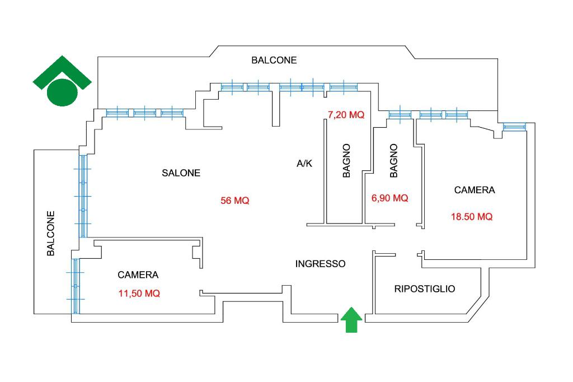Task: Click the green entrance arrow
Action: pyautogui.click(x=351, y=319)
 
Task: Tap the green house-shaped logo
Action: pyautogui.click(x=62, y=81)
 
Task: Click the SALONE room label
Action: pyautogui.click(x=181, y=173)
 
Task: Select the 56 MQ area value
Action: pyautogui.click(x=235, y=201)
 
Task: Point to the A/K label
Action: pyautogui.click(x=304, y=164)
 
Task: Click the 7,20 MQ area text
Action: pyautogui.click(x=346, y=115)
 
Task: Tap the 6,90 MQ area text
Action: pyautogui.click(x=389, y=198)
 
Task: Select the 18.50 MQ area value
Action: pyautogui.click(x=472, y=217)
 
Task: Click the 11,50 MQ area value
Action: pyautogui.click(x=139, y=294)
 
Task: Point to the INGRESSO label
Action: pyautogui.click(x=321, y=264)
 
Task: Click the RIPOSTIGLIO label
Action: pyautogui.click(x=425, y=289)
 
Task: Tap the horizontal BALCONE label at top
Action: pyautogui.click(x=274, y=60)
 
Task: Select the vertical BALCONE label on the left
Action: pyautogui.click(x=51, y=234)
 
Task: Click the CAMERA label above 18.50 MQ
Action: pyautogui.click(x=475, y=190)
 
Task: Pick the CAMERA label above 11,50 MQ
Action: pyautogui.click(x=138, y=275)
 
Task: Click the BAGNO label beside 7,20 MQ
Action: pyautogui.click(x=346, y=161)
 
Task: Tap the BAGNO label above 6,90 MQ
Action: pyautogui.click(x=393, y=161)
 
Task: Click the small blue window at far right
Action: pyautogui.click(x=515, y=127)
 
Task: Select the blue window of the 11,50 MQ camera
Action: pyautogui.click(x=76, y=286)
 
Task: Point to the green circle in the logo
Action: pyautogui.click(x=62, y=92)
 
